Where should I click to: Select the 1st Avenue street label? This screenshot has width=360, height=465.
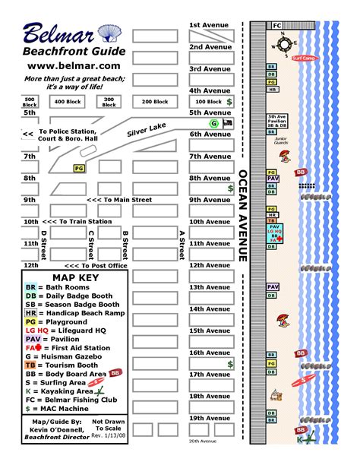click(x=210, y=25)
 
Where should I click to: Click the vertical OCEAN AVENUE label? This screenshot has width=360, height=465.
click(x=243, y=216)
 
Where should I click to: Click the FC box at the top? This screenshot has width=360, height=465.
click(x=277, y=25)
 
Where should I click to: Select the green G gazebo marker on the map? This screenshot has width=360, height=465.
click(x=213, y=123)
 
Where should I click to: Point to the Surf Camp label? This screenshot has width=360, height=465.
click(x=305, y=59)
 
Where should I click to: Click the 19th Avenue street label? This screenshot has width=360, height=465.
click(x=210, y=418)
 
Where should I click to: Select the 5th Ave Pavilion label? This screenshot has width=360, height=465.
click(x=276, y=119)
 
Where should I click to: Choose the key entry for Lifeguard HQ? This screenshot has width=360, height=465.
click(x=65, y=331)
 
